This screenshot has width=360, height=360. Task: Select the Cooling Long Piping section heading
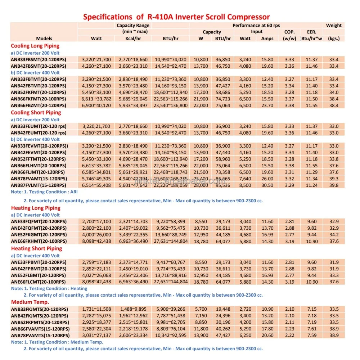click(x=35, y=46)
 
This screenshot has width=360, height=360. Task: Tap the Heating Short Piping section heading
click(x=36, y=248)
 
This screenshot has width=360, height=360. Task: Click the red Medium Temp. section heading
click(x=30, y=302)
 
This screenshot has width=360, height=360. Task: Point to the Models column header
click(x=44, y=39)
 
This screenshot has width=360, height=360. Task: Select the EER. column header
click(x=311, y=32)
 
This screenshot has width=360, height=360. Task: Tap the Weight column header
click(x=334, y=26)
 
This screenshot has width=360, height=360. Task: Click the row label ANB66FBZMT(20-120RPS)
click(x=39, y=105)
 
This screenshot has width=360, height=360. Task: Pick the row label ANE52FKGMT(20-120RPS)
click(x=39, y=235)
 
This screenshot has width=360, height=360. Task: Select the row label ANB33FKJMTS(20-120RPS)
click(x=40, y=309)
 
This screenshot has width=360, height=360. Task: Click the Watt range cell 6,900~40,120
click(x=96, y=105)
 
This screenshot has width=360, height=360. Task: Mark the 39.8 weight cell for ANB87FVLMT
click(x=334, y=185)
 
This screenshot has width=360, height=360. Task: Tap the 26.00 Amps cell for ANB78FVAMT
click(x=267, y=179)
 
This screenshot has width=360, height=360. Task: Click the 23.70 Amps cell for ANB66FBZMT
click(x=267, y=105)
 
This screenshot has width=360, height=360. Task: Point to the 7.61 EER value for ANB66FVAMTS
click(x=311, y=329)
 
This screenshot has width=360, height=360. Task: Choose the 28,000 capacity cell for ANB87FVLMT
click(x=201, y=185)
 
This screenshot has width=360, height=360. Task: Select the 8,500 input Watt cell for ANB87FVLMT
click(x=245, y=185)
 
